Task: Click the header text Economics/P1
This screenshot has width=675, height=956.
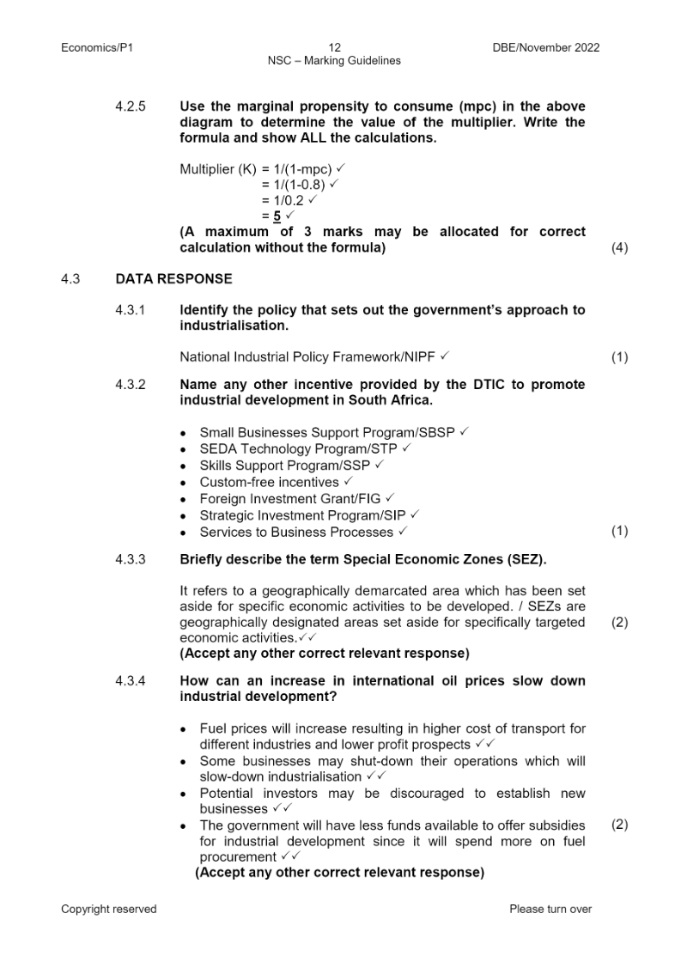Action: tap(96, 47)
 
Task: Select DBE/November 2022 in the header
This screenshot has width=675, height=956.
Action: tap(540, 47)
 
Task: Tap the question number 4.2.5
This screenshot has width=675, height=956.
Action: tap(131, 107)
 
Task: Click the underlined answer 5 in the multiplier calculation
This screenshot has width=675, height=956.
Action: tap(277, 216)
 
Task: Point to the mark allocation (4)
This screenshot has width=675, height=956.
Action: tap(619, 247)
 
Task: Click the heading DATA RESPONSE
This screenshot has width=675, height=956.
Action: tap(173, 279)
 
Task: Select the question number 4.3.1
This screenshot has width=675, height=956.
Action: tap(131, 309)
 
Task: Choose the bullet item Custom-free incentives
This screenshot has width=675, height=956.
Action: tap(269, 482)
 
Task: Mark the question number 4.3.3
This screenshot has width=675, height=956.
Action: tap(131, 559)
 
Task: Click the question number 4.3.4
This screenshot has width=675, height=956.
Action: tap(131, 681)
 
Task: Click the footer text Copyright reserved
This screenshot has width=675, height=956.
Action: tap(108, 909)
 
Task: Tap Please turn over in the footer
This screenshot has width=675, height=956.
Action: tap(550, 909)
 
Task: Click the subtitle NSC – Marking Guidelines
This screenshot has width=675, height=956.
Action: tap(334, 60)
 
